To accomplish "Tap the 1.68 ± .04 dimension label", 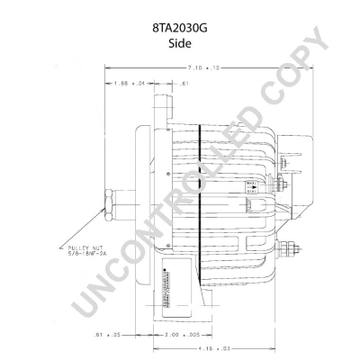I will coord(130,85).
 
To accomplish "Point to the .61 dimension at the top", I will coord(183,85).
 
